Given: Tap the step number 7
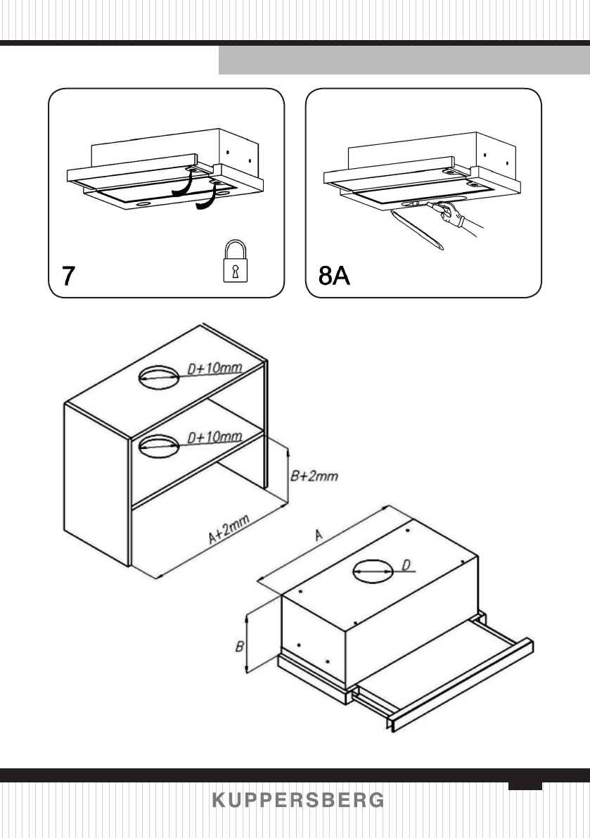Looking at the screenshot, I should click(x=67, y=276).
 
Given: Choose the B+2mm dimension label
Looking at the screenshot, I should click(x=314, y=476).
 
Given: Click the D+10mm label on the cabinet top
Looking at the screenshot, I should click(x=213, y=369).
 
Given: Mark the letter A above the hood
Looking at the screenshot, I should click(x=318, y=536).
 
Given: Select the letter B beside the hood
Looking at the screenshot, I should click(x=239, y=645).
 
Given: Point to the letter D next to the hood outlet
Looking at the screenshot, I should click(x=406, y=564).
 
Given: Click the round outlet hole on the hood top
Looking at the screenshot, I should click(x=372, y=571).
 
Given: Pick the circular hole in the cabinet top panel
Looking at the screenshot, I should click(x=159, y=377).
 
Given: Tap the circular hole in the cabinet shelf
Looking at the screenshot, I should click(x=159, y=445).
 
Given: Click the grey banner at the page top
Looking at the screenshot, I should click(x=404, y=61).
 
